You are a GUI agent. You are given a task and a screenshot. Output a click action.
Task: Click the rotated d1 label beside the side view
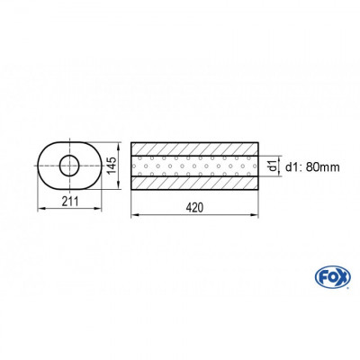coord(273,165)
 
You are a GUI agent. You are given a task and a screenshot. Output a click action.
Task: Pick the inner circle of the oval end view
coord(68,165)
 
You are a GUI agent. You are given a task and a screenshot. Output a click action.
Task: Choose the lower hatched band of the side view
coord(195,182)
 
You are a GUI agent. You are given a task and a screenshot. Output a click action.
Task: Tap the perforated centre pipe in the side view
coord(195,165)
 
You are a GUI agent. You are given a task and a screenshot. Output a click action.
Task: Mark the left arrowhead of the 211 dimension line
coord(39,208)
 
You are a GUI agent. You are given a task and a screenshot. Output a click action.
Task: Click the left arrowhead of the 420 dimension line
coord(135,216)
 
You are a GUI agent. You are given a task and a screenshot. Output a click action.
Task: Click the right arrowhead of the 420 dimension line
coord(257,216)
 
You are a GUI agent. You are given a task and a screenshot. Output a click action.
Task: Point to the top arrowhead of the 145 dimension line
coord(121,142)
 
